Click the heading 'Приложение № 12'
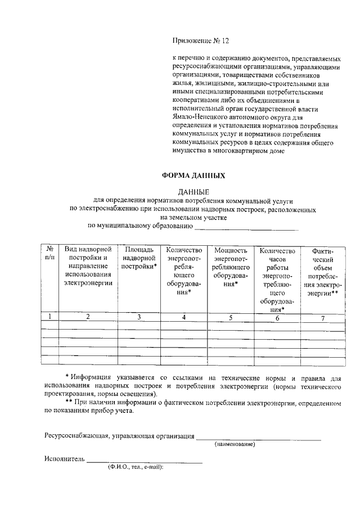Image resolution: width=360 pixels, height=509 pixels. tap(201, 41)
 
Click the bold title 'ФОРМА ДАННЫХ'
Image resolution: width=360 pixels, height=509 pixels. tap(193, 175)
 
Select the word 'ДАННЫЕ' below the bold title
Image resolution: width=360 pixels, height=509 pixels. tap(193, 191)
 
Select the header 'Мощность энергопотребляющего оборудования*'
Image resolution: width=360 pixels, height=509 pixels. tap(231, 267)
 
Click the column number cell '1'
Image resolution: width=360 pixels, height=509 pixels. tap(50, 317)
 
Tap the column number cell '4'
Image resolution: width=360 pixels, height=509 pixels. tap(183, 317)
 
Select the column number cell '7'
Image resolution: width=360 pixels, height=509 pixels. tap(323, 318)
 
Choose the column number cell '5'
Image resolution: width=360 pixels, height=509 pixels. tap(231, 318)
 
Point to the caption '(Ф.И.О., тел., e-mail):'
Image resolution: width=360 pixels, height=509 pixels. tap(136, 467)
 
